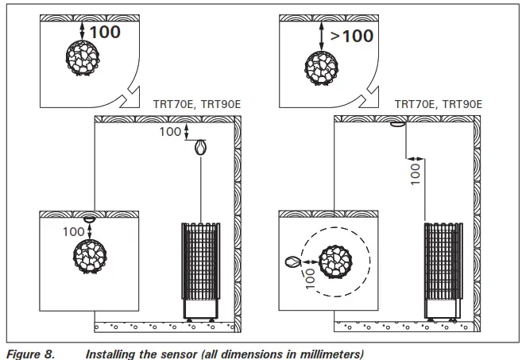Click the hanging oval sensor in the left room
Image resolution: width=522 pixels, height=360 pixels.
point(200,147)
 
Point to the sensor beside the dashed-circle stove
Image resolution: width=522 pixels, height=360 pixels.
point(292,261)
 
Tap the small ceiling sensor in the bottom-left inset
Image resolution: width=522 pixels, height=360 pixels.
point(89,219)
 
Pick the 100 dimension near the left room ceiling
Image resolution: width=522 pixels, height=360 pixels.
point(170,132)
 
